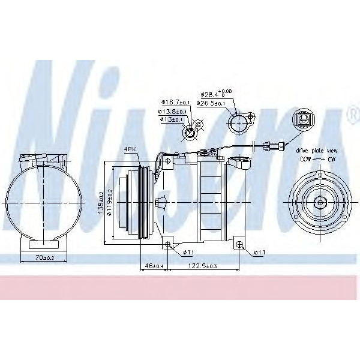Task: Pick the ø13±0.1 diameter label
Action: pos(172,119)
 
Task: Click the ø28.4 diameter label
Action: pos(212,95)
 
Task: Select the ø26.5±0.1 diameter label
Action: pos(212,103)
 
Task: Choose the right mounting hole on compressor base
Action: pos(239,244)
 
